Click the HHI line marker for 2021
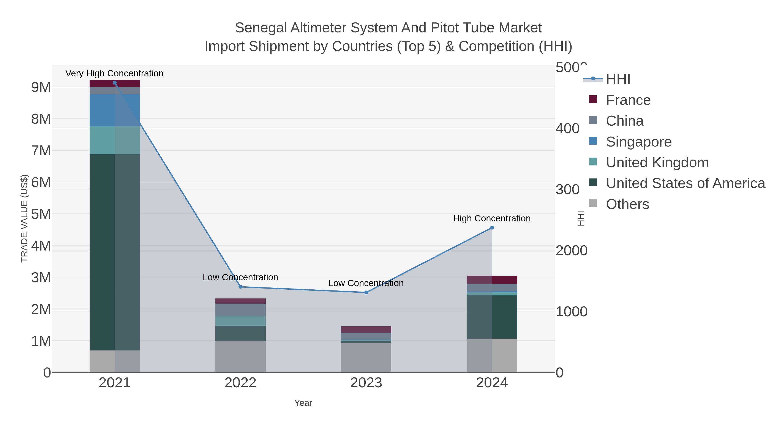pos(115,83)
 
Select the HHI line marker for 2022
pos(240,287)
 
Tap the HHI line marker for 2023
pos(366,293)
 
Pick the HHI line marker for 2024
pos(492,228)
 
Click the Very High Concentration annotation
pos(114,73)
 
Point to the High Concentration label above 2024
pos(492,218)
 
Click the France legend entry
pos(628,100)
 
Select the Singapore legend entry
pos(639,142)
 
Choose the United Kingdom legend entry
pos(657,162)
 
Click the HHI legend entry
pos(618,79)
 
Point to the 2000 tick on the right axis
pos(571,251)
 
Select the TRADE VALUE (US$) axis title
pos(24,218)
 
